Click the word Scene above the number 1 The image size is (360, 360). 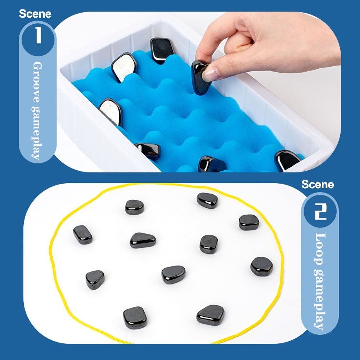[x=35, y=14]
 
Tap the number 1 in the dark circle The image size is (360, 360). [x=39, y=35]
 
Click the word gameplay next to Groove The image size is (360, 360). [x=37, y=134]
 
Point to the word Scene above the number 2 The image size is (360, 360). [x=318, y=184]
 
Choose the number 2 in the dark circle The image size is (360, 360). [x=320, y=211]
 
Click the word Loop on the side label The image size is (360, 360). [x=320, y=249]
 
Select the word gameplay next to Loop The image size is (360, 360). [x=320, y=300]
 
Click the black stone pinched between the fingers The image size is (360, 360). [x=200, y=78]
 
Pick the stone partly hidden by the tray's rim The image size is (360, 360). [x=287, y=160]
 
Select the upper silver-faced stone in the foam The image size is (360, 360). [x=124, y=67]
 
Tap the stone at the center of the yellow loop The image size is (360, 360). [x=174, y=275]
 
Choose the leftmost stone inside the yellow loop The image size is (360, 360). [x=83, y=235]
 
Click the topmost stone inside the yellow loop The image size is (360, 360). [x=207, y=201]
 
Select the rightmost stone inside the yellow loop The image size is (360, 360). [x=262, y=266]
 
